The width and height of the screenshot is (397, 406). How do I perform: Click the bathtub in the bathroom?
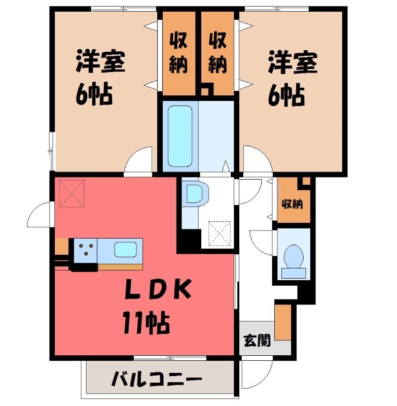(180, 136)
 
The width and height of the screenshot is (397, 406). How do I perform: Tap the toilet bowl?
(293, 256)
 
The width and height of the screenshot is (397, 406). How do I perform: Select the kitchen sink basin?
(125, 250)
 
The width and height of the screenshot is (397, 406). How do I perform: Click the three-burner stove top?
(86, 250)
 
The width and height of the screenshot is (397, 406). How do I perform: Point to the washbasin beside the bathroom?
(196, 194)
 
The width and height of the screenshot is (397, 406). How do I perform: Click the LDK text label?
(158, 289)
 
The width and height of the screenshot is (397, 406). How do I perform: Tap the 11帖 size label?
(147, 322)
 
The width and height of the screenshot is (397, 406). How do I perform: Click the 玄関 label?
(258, 340)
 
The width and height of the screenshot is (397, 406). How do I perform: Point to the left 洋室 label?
(100, 61)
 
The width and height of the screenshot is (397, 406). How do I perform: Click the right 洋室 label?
(293, 62)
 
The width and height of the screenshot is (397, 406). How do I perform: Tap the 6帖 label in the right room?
(286, 95)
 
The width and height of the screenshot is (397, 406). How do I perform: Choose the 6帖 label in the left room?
(94, 94)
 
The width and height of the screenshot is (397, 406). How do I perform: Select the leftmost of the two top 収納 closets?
(178, 54)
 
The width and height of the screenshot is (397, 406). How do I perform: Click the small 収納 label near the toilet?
(292, 205)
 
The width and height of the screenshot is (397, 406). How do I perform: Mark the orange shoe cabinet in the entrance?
(283, 322)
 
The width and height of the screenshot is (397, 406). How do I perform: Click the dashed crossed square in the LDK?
(71, 194)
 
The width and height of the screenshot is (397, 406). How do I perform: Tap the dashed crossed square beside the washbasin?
(220, 233)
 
